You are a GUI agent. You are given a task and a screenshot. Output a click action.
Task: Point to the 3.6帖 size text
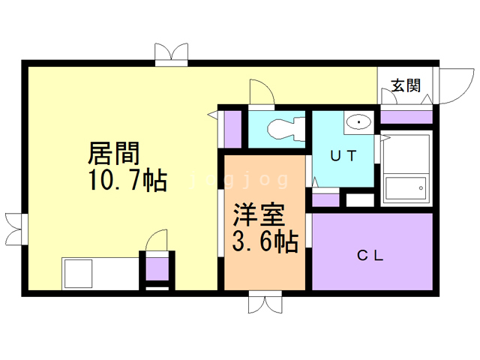(264, 242)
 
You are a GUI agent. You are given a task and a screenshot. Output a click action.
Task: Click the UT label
(343, 155)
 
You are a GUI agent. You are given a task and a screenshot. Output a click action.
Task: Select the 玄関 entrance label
(406, 85)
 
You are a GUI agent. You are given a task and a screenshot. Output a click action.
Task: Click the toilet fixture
(283, 129)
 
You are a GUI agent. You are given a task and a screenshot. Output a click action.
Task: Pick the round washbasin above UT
(359, 121)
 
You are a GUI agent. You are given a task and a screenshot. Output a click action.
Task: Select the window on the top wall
(170, 55)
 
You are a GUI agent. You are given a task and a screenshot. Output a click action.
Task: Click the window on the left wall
(15, 224)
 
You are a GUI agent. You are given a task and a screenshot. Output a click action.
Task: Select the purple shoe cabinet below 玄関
(406, 117)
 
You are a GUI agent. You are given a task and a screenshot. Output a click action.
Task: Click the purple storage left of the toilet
(232, 130)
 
